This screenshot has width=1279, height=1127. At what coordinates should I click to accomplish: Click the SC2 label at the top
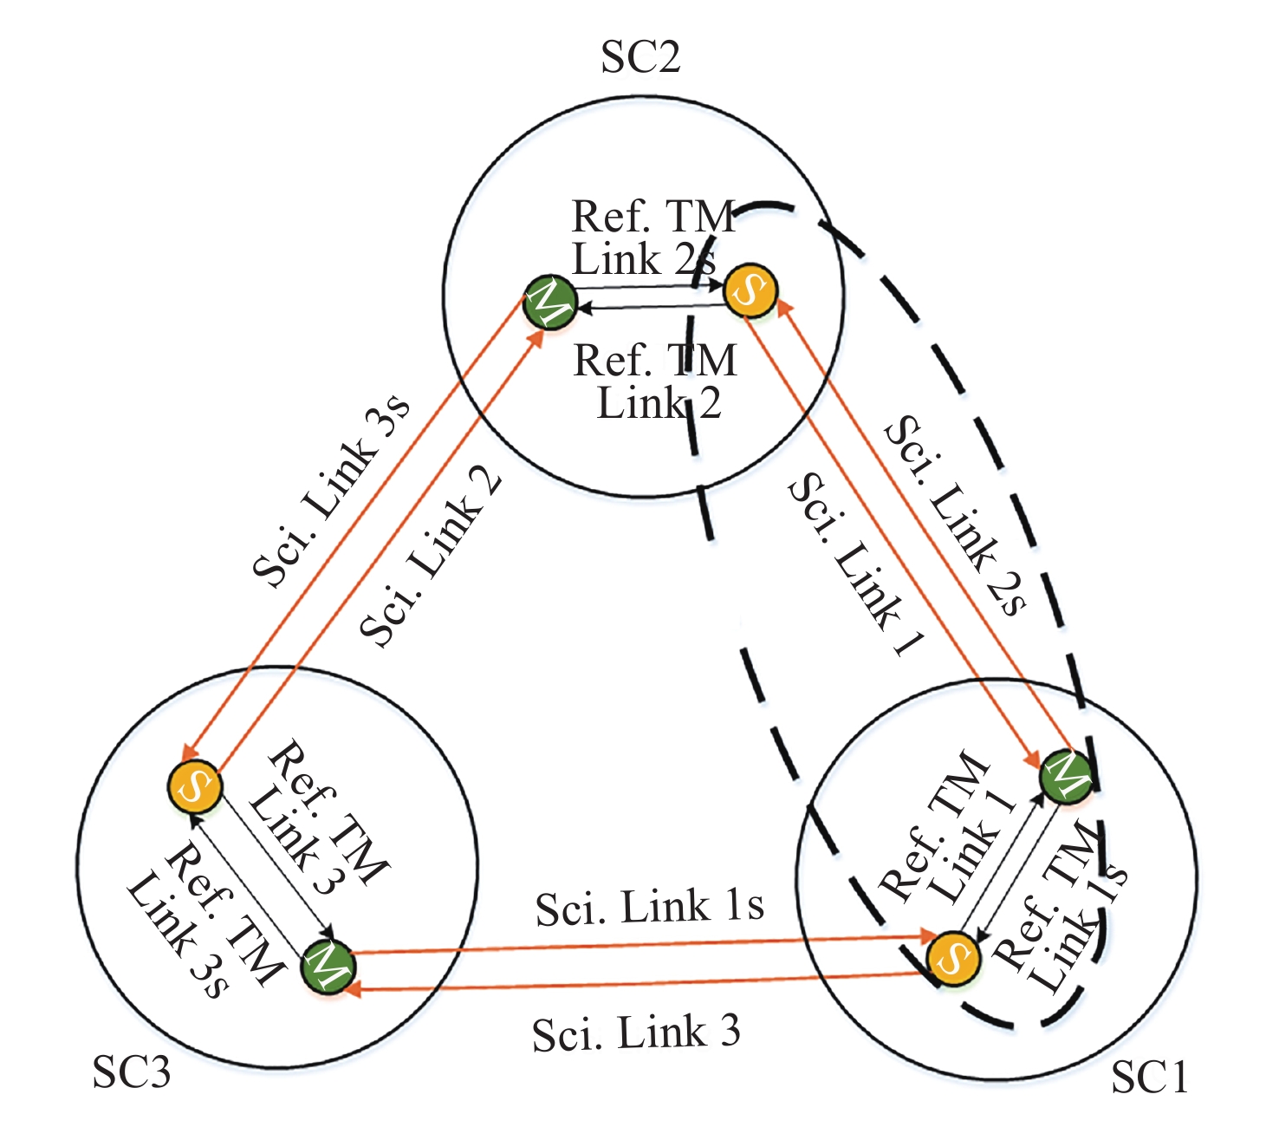[x=640, y=57]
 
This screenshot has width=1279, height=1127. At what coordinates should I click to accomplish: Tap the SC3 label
[x=132, y=1072]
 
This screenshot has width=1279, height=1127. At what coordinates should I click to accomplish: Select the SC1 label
[x=1149, y=1076]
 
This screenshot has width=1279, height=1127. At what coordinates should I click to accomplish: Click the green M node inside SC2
[x=550, y=302]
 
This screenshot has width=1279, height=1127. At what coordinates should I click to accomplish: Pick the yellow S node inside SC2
[x=750, y=290]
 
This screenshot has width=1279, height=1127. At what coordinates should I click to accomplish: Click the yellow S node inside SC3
[x=194, y=787]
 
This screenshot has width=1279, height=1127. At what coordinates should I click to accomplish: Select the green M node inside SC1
[x=1066, y=777]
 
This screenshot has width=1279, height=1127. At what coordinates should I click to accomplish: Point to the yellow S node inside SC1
[x=954, y=958]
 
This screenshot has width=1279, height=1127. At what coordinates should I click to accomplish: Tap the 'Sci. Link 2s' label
[x=955, y=515]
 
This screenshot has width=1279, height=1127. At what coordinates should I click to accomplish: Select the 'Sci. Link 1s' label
[x=650, y=907]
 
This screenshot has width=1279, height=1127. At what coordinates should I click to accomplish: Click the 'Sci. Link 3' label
[x=636, y=1033]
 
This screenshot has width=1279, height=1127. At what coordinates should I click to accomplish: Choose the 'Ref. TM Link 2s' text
[x=653, y=238]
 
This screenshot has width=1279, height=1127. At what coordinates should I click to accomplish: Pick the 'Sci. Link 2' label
[x=431, y=560]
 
